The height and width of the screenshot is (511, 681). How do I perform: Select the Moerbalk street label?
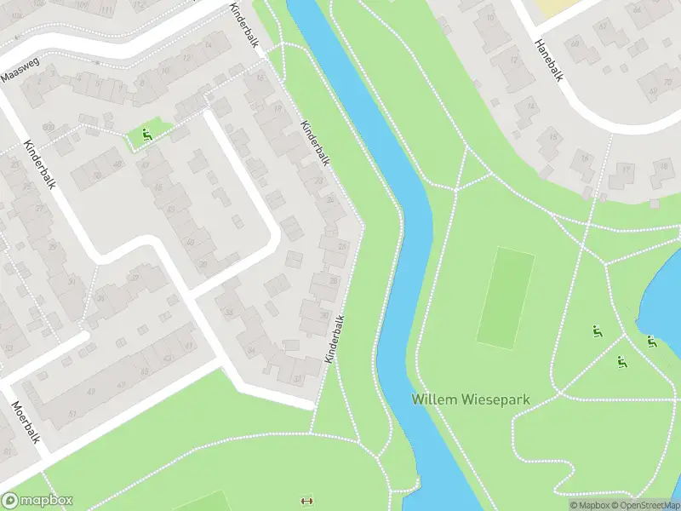pyautogui.click(x=26, y=423)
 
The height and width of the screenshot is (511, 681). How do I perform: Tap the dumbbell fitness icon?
pyautogui.click(x=306, y=501)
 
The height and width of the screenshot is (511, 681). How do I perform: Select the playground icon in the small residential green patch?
pyautogui.click(x=147, y=134)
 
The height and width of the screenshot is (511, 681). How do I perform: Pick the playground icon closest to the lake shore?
pyautogui.click(x=652, y=342)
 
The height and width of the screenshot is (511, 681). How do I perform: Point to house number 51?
pyautogui.click(x=72, y=415)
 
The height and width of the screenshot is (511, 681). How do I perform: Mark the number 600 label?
pyautogui.click(x=47, y=128)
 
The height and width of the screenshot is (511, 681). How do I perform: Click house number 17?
pyautogui.click(x=627, y=170)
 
